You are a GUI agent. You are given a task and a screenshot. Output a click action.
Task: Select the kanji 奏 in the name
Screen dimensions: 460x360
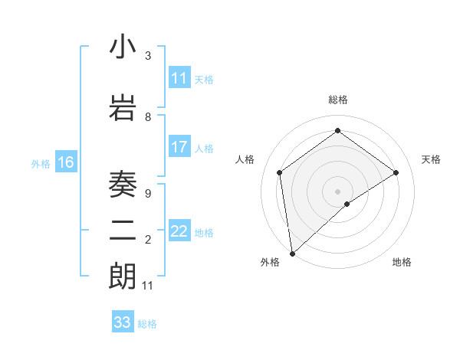coord(123,183)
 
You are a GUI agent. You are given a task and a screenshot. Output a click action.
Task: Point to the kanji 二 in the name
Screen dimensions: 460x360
coord(123,229)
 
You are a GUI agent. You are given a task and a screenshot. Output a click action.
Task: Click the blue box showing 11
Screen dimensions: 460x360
coord(179,78)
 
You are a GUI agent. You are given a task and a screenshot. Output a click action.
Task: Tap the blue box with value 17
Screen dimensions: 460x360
coord(179,147)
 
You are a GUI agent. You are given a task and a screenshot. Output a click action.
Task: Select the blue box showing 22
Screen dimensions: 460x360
coord(179,231)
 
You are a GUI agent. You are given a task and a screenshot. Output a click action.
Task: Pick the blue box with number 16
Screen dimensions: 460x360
coord(65,162)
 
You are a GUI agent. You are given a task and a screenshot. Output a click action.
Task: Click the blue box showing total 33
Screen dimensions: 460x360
coord(123,322)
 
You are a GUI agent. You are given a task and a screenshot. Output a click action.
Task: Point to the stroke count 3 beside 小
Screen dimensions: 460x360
coord(148,56)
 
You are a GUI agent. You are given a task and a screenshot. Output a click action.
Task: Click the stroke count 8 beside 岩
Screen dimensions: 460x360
coord(148,116)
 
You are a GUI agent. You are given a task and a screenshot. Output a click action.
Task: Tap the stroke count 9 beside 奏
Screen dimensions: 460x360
coord(148,193)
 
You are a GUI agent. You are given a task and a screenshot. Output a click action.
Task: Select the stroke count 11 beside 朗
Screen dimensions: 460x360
coord(148,285)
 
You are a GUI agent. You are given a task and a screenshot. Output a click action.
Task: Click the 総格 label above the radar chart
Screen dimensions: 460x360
coord(338,100)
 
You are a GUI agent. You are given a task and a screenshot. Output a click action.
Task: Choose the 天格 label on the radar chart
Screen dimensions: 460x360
coord(431,159)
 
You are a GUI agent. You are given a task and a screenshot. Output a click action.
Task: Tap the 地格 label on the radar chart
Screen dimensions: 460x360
coord(402,262)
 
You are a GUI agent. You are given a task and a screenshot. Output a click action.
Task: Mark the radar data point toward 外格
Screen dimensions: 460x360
coord(292,253)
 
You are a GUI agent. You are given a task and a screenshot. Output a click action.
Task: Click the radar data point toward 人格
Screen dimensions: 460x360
coord(280,172)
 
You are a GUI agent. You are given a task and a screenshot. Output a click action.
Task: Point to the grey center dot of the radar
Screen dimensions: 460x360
coord(337,190)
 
